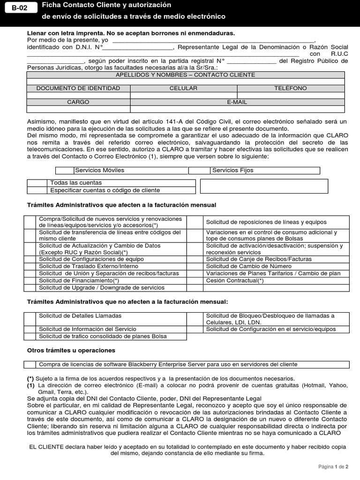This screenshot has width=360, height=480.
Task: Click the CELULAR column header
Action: click(183, 88)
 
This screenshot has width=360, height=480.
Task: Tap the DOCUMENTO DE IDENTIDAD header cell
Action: click(78, 88)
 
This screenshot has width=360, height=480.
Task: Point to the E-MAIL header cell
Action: click(237, 102)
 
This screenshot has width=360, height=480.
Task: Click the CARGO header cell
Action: click(78, 102)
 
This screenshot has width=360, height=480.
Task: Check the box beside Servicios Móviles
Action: click(65, 170)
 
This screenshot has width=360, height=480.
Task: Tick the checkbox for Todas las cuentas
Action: click(38, 183)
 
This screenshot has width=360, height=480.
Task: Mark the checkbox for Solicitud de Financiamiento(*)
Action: click(30, 280)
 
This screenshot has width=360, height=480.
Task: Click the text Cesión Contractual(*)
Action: click(235, 280)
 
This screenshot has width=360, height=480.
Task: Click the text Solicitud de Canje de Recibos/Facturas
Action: click(258, 259)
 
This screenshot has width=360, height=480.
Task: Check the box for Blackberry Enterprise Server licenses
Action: click(30, 364)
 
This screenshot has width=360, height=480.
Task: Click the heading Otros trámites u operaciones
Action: click(71, 350)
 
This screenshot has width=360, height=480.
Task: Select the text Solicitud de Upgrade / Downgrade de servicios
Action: click(102, 287)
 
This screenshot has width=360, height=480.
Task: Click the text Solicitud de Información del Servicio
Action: click(88, 329)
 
